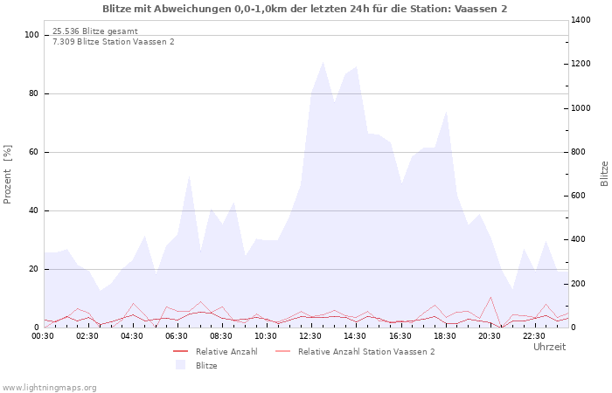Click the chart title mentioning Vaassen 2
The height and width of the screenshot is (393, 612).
pyautogui.click(x=304, y=9)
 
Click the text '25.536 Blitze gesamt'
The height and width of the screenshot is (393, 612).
pyautogui.click(x=94, y=31)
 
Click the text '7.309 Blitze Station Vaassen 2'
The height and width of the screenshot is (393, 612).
pyautogui.click(x=113, y=42)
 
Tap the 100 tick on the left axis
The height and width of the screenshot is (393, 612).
pyautogui.click(x=32, y=35)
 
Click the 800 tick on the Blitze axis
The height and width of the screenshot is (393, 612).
pyautogui.click(x=582, y=152)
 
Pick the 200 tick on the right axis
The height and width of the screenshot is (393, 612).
pyautogui.click(x=582, y=284)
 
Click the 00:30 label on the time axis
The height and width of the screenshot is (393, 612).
pyautogui.click(x=44, y=335)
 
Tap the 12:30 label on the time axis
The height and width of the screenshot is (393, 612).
pyautogui.click(x=310, y=335)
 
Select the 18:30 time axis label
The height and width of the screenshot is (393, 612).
pyautogui.click(x=444, y=335)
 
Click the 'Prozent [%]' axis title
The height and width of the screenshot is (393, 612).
pyautogui.click(x=9, y=175)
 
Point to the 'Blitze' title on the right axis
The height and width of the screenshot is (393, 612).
pyautogui.click(x=604, y=173)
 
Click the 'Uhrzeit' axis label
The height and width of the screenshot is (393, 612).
pyautogui.click(x=549, y=347)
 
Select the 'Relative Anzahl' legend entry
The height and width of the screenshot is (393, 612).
pyautogui.click(x=226, y=352)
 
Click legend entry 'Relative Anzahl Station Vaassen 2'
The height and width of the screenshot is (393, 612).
pyautogui.click(x=365, y=352)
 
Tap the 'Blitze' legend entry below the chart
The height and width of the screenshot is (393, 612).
pyautogui.click(x=206, y=366)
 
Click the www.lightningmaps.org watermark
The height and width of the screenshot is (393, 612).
pyautogui.click(x=49, y=388)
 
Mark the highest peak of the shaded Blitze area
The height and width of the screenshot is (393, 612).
pyautogui.click(x=323, y=62)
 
